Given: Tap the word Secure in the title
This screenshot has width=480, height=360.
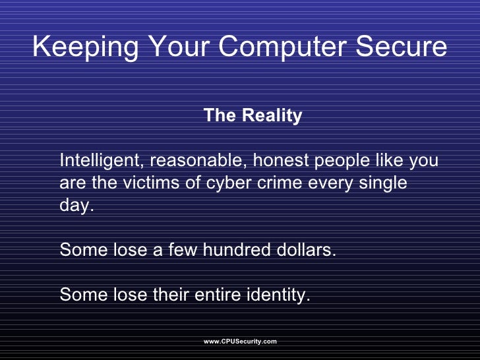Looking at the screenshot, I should (408, 47).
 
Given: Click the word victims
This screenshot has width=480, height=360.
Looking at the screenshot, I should (152, 183).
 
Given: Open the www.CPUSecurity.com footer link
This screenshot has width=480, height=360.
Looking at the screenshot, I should (240, 342).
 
